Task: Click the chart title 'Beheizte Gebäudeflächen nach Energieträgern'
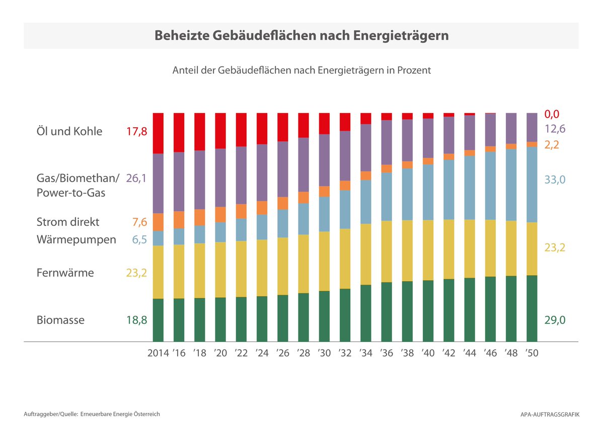[301, 36]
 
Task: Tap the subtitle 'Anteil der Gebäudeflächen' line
[301, 70]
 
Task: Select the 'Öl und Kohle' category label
[69, 132]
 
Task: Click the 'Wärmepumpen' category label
[76, 239]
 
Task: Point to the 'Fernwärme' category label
[65, 273]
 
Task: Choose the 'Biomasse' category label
[60, 320]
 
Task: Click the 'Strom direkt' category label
[68, 222]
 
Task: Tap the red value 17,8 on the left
[136, 132]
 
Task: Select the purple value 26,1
[136, 178]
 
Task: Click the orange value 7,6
[140, 222]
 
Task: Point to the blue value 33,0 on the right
[555, 180]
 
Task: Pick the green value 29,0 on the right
[555, 320]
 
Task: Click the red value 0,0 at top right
[552, 114]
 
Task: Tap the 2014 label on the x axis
[158, 353]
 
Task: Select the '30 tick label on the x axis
[324, 353]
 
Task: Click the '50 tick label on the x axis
[532, 353]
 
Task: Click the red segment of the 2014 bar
[158, 133]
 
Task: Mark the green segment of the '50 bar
[532, 308]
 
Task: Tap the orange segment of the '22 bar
[241, 211]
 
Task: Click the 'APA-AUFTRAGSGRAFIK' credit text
[550, 414]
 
